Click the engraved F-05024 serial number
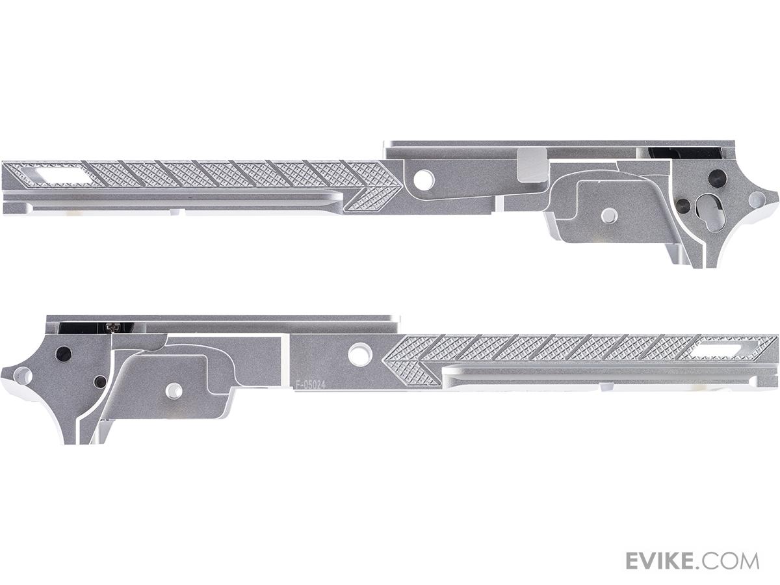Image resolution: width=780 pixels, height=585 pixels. (x=310, y=385)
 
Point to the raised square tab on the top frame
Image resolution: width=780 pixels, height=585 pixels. (x=532, y=165)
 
